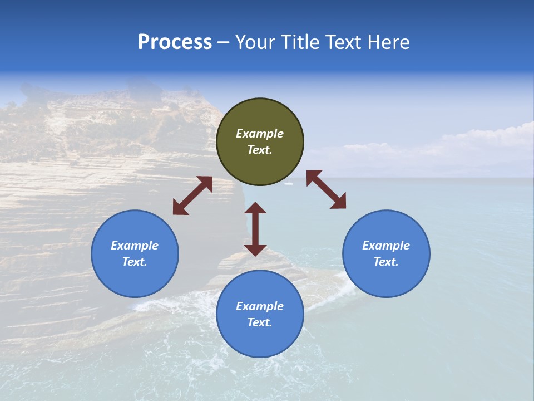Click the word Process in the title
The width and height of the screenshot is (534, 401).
pyautogui.click(x=175, y=42)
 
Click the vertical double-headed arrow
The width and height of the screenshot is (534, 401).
pyautogui.click(x=255, y=229)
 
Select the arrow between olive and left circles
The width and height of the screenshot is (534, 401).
pyautogui.click(x=192, y=195)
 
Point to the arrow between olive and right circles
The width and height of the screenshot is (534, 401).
pyautogui.click(x=326, y=189)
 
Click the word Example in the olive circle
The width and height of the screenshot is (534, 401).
pyautogui.click(x=260, y=134)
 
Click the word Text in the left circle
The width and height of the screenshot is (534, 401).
pyautogui.click(x=134, y=262)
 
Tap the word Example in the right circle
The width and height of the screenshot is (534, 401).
pyautogui.click(x=386, y=246)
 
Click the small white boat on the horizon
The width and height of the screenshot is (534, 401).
pyautogui.click(x=288, y=183)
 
